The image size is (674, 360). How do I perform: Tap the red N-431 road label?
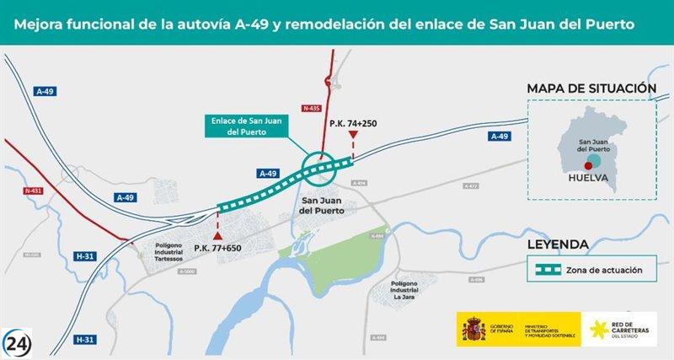click(33, 191)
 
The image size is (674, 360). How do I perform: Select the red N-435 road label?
click(311, 108)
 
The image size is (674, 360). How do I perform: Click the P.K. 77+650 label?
click(218, 247)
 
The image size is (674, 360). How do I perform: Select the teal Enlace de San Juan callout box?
click(249, 126)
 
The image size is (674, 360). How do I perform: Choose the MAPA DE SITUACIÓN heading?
click(591, 89)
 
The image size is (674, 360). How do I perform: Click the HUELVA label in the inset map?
click(590, 178)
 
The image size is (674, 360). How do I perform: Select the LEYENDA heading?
click(557, 244)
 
